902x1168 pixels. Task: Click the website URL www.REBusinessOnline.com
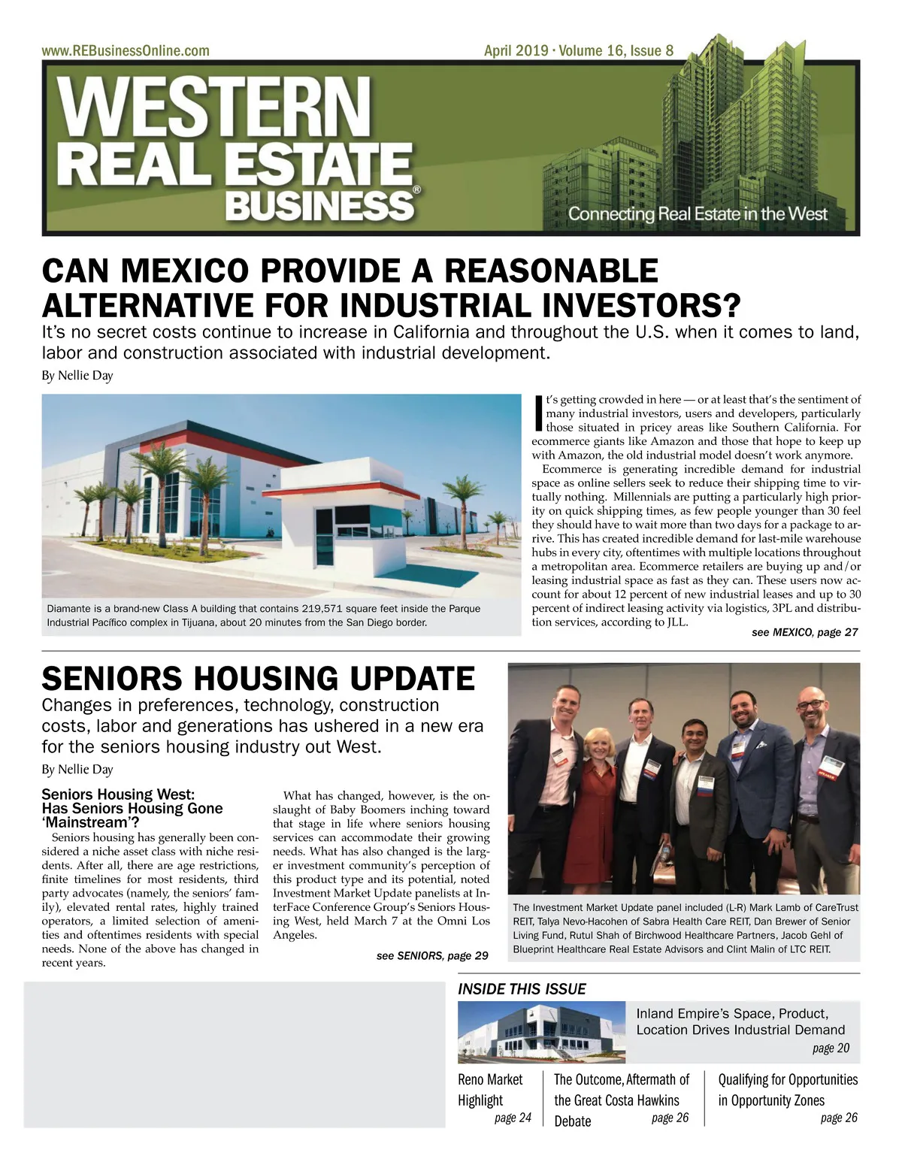[x=126, y=51]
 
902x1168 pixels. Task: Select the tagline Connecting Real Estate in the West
[x=697, y=213]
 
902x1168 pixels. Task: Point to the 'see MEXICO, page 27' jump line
[x=804, y=632]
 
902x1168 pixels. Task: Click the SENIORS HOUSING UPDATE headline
[x=258, y=679]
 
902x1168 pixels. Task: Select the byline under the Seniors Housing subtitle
[x=77, y=769]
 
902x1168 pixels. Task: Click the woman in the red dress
[x=598, y=804]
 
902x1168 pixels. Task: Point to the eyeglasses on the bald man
[x=810, y=704]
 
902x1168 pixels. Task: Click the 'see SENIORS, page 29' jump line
[x=432, y=955]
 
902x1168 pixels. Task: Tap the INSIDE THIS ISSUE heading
[x=522, y=989]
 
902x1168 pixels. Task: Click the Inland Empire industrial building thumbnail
[x=541, y=1032]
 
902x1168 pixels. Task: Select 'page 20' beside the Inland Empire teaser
[x=831, y=1048]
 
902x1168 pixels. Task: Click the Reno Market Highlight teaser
[x=490, y=1090]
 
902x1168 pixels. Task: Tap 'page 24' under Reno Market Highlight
[x=513, y=1118]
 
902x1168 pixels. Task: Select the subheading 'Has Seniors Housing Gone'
[x=132, y=809]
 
